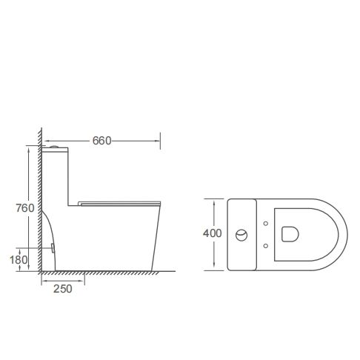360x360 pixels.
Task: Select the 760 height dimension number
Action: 25,208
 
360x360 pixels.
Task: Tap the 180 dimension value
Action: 19,260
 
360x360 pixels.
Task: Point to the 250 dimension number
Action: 63,290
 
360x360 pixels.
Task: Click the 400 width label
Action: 213,233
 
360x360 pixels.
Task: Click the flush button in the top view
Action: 241,236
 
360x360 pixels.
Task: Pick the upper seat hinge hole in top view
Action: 264,223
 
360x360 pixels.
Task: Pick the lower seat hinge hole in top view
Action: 264,245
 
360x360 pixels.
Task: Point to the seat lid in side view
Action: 118,201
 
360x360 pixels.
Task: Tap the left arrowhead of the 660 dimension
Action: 45,141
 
